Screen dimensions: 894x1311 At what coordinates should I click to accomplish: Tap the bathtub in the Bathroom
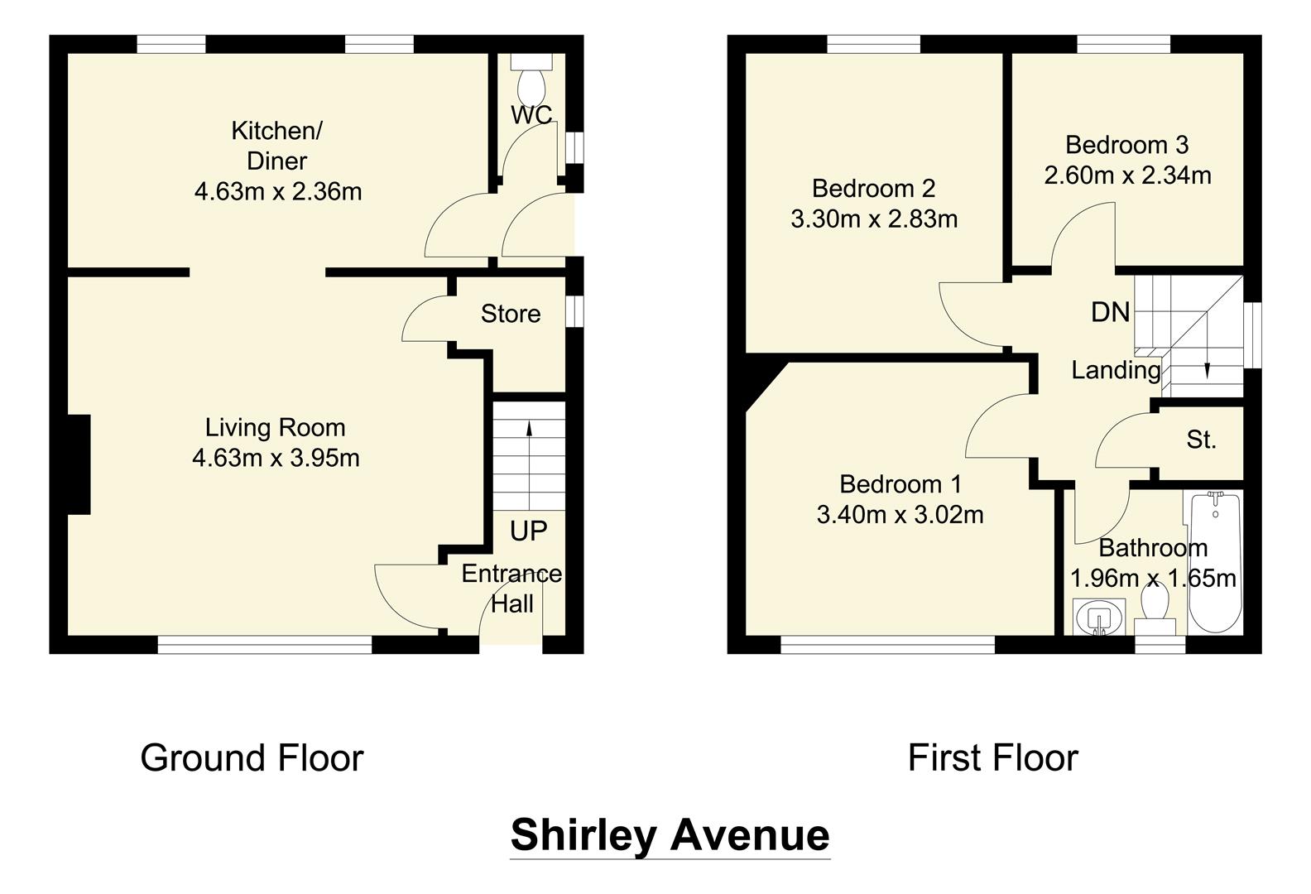click(x=1214, y=562)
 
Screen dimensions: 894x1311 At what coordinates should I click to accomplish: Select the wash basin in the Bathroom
click(x=1098, y=617)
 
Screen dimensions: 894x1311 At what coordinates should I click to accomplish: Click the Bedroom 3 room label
click(x=1126, y=145)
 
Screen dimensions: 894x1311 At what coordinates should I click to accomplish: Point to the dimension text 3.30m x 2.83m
click(x=874, y=219)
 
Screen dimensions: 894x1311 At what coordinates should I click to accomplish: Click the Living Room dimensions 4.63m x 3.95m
click(x=276, y=458)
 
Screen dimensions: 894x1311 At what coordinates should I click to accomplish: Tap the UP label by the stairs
click(x=528, y=531)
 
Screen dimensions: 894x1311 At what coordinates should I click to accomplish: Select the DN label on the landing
click(x=1110, y=312)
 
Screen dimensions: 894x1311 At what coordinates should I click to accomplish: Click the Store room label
click(x=511, y=314)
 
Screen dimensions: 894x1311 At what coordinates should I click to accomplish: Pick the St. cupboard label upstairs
click(x=1201, y=440)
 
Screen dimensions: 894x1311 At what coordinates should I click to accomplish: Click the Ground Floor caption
click(x=252, y=757)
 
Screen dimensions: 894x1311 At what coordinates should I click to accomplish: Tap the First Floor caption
click(x=992, y=757)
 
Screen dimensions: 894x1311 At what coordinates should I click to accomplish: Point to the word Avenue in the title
click(x=750, y=834)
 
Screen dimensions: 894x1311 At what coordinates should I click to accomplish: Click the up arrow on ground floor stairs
click(x=529, y=428)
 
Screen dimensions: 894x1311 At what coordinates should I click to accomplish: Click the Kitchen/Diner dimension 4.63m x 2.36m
click(x=278, y=192)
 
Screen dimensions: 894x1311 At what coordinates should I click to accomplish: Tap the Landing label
click(x=1116, y=370)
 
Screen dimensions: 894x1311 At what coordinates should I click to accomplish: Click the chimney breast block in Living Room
click(x=79, y=464)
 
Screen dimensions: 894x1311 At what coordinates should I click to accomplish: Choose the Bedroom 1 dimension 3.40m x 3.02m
click(x=900, y=515)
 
